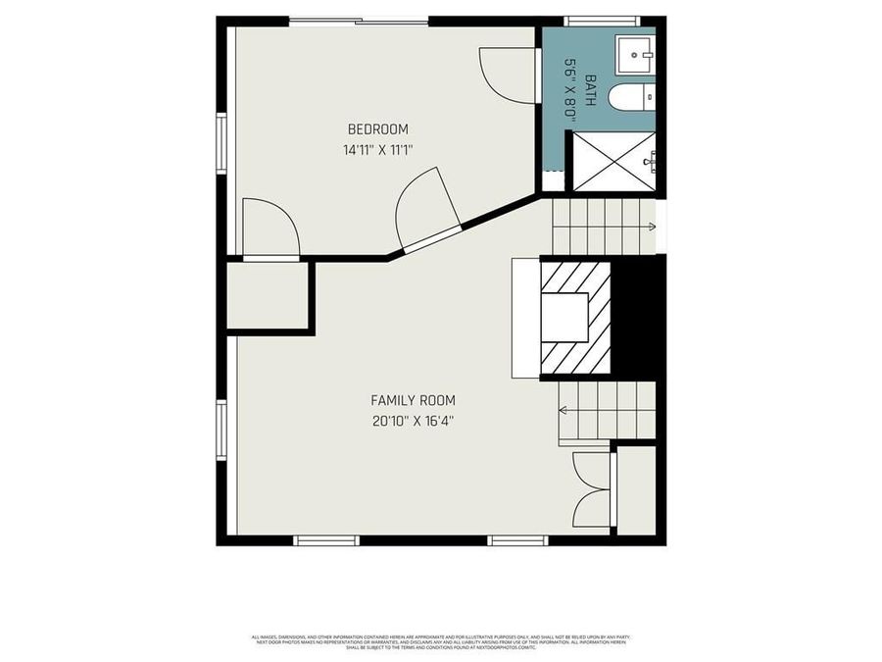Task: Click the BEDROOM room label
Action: (377, 129)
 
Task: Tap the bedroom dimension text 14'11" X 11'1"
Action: (377, 150)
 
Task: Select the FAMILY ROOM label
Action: (413, 400)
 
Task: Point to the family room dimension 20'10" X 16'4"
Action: (413, 421)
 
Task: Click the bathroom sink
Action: (635, 55)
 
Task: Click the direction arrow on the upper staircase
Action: (650, 227)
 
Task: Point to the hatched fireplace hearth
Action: (575, 316)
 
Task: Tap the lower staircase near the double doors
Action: (606, 409)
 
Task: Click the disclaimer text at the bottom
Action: (441, 642)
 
